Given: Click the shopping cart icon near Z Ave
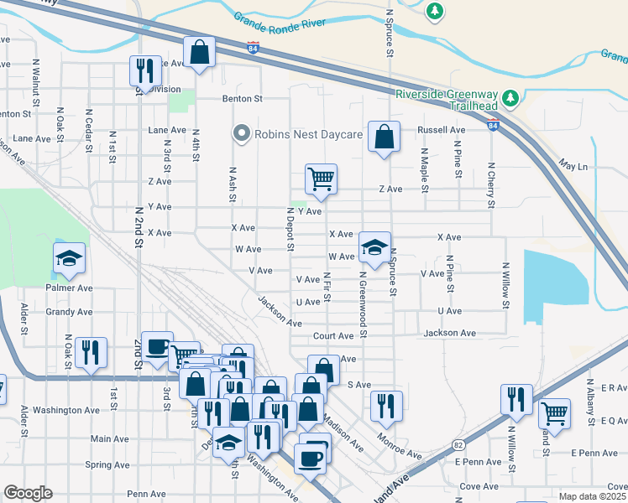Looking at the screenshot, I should pos(321,178).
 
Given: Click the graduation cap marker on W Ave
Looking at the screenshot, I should pos(374,246).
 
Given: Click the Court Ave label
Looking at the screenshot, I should pos(333,336).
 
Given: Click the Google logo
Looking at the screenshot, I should pos(28,493).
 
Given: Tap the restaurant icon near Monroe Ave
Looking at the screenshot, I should pos(386,406).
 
